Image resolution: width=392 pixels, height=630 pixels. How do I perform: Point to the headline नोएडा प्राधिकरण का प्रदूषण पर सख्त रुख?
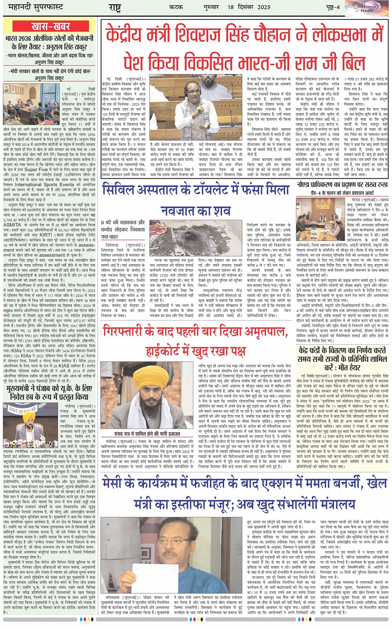click(x=343, y=185)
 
